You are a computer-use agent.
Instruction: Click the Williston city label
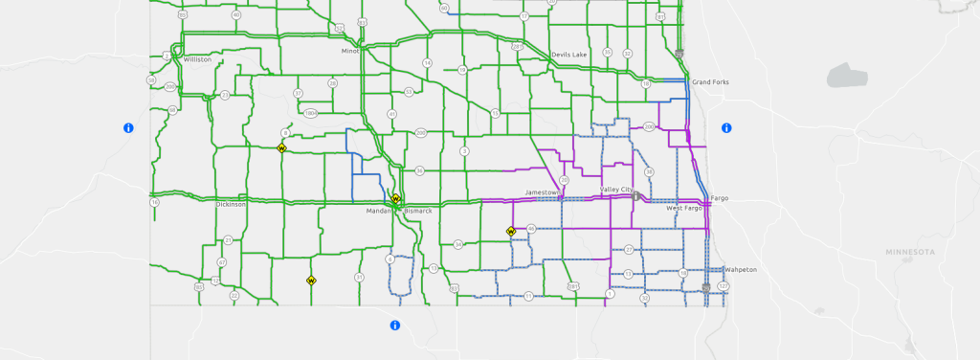point(197,59)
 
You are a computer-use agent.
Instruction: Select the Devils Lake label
point(568,55)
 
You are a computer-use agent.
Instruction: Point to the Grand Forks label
point(710,82)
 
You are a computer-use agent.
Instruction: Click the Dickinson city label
point(231,204)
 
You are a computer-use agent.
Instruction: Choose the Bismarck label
point(419,210)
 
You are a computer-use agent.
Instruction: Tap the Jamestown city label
point(542,192)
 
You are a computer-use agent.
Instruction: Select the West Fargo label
point(684,208)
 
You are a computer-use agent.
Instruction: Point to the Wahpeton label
point(741,269)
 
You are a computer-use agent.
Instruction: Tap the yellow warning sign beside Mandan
point(395,198)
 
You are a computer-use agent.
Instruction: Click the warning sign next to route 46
point(511,231)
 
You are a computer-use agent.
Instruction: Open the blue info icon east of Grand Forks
point(726,127)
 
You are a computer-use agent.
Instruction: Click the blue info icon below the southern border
point(394,326)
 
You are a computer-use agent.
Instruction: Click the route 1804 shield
point(311,113)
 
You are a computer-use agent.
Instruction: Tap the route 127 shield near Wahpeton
point(724,286)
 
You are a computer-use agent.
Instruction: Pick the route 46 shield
point(531,228)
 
